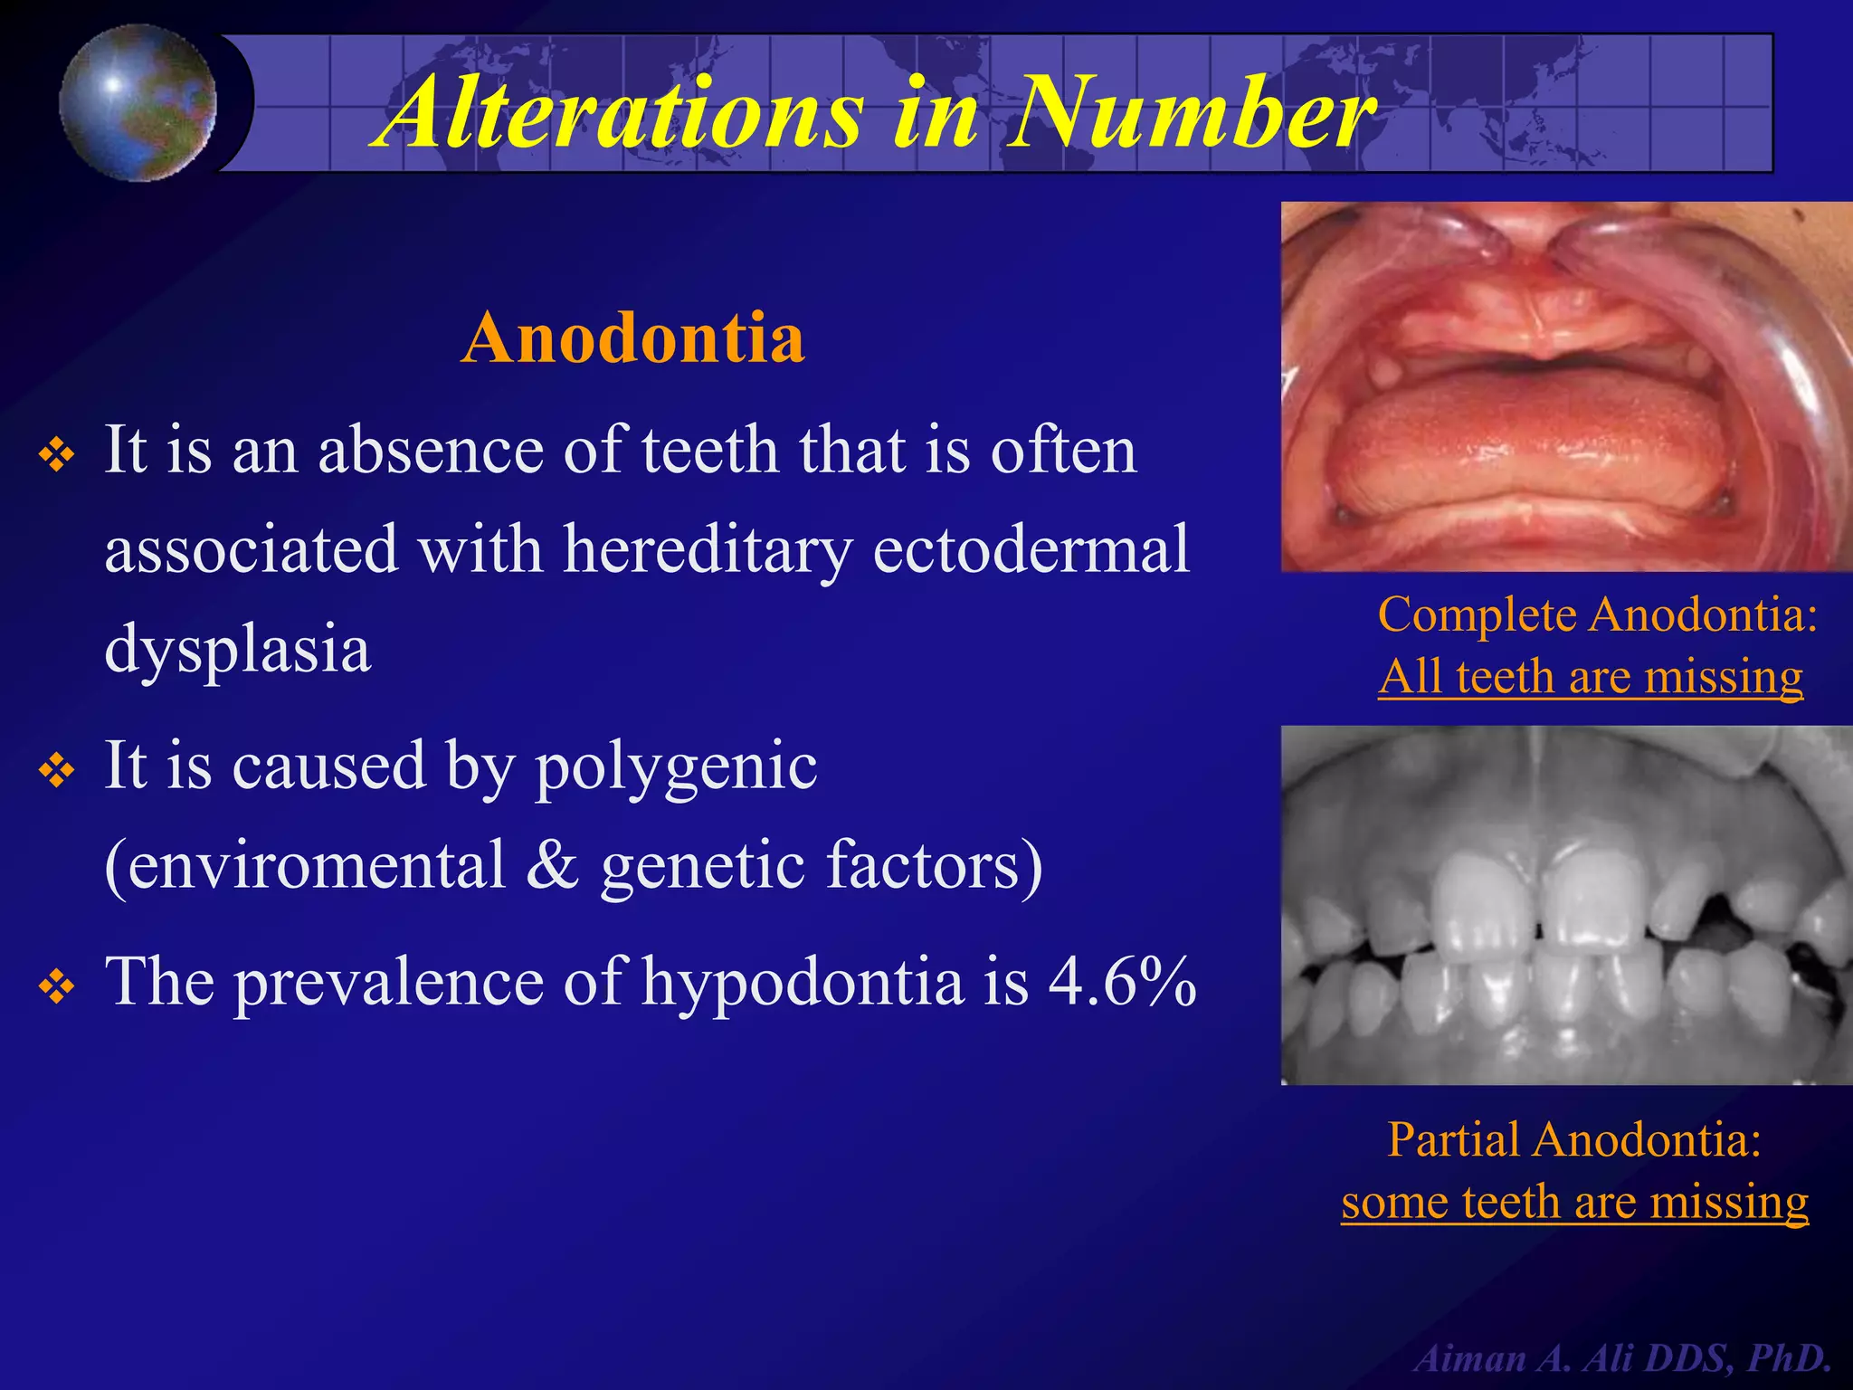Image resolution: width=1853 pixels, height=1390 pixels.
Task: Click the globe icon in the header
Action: (x=138, y=102)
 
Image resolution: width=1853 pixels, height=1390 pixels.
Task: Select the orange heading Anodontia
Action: (x=633, y=338)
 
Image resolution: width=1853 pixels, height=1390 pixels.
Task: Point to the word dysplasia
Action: (x=237, y=649)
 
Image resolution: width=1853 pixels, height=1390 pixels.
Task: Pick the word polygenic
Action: (x=676, y=766)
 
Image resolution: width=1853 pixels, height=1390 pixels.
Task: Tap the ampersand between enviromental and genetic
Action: (x=552, y=865)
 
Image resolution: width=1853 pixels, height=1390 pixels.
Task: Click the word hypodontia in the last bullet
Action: (x=803, y=984)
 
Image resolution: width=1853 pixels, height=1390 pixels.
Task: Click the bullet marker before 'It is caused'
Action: (x=56, y=771)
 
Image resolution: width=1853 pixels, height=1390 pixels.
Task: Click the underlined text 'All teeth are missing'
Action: (x=1590, y=676)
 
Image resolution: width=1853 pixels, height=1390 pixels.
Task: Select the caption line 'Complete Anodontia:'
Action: (x=1597, y=614)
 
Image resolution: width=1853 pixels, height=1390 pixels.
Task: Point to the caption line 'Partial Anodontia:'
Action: (x=1574, y=1138)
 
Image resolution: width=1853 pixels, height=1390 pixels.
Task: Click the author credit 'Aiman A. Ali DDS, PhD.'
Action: (x=1623, y=1357)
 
